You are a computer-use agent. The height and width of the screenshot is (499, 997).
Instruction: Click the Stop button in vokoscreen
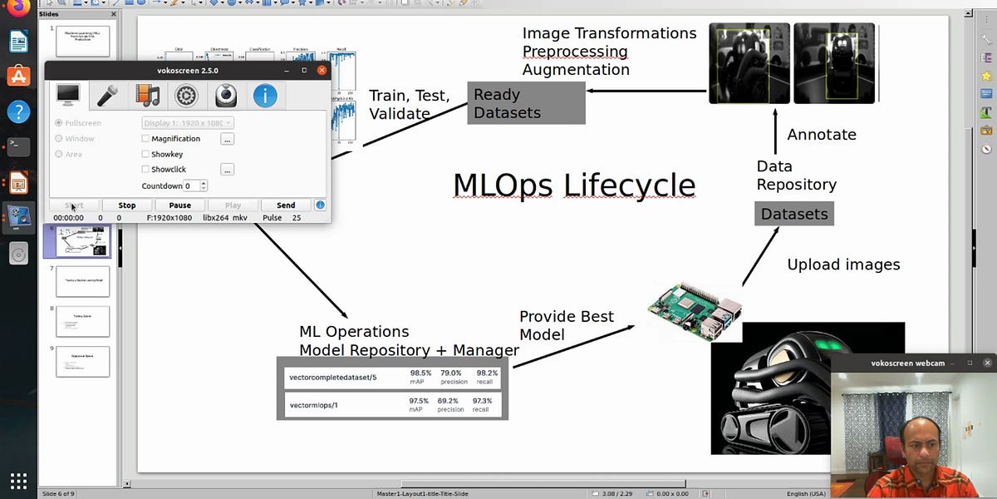pyautogui.click(x=127, y=205)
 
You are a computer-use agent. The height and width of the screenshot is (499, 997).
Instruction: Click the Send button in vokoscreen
pyautogui.click(x=286, y=205)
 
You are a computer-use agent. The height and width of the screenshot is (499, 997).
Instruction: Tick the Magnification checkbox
pyautogui.click(x=145, y=139)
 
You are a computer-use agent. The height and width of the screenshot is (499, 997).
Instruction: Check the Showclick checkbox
pyautogui.click(x=145, y=170)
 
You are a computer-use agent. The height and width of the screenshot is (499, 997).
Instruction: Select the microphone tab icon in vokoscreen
pyautogui.click(x=107, y=96)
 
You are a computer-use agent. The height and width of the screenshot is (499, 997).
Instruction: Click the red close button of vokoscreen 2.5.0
pyautogui.click(x=322, y=71)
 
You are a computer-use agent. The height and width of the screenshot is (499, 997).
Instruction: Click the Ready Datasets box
pyautogui.click(x=526, y=103)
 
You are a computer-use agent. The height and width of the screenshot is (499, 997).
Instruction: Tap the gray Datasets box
pyautogui.click(x=794, y=214)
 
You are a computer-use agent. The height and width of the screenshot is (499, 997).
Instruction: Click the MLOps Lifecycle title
pyautogui.click(x=574, y=184)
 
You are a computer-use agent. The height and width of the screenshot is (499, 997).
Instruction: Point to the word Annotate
pyautogui.click(x=821, y=135)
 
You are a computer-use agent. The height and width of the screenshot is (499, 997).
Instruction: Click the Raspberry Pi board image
pyautogui.click(x=695, y=310)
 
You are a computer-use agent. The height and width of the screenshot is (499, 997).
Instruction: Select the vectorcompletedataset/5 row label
pyautogui.click(x=332, y=378)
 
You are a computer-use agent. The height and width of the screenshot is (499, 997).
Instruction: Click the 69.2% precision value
pyautogui.click(x=450, y=401)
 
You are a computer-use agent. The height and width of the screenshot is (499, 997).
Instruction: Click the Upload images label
pyautogui.click(x=843, y=265)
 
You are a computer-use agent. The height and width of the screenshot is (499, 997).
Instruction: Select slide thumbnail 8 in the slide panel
pyautogui.click(x=82, y=321)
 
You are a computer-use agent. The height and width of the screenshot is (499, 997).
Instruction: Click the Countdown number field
pyautogui.click(x=191, y=186)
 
